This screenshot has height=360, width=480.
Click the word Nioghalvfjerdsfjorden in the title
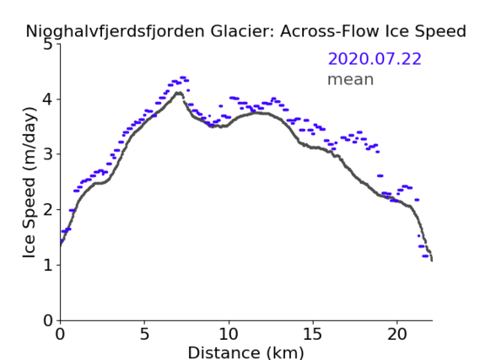115,32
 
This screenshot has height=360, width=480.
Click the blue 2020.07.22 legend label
375,59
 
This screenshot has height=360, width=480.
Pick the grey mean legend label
351,79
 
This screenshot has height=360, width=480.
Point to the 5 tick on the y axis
48,45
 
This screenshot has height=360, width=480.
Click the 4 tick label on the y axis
48,99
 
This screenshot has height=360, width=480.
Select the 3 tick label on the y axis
48,154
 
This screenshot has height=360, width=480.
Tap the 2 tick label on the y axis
48,210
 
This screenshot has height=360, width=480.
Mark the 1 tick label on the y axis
48,265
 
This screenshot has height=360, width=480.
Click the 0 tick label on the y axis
48,320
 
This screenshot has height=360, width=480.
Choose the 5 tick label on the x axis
144,334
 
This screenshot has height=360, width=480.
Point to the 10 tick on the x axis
229,334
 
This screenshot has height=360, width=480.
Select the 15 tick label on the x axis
313,334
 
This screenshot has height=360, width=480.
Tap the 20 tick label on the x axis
397,334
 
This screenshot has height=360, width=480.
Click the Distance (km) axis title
245,352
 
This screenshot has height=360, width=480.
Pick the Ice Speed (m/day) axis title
30,183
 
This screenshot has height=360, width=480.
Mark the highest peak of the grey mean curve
179,93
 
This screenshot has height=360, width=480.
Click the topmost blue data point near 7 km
183,78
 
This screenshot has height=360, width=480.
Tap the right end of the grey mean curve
432,260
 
